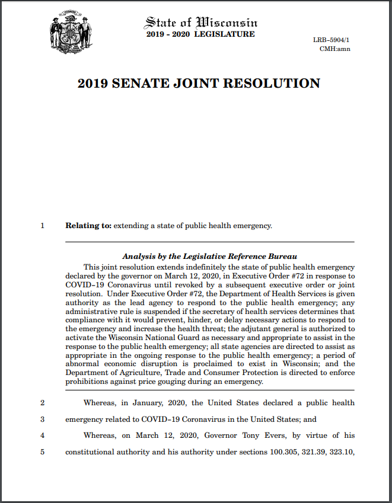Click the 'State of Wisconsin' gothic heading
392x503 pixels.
[x=200, y=23]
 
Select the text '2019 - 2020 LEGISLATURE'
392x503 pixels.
[x=200, y=34]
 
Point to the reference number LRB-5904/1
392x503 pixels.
[x=332, y=40]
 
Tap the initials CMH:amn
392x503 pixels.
[x=334, y=49]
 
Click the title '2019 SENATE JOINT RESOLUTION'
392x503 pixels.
[x=199, y=84]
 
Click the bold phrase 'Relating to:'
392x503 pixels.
[x=88, y=226]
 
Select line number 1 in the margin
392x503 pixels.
[x=42, y=226]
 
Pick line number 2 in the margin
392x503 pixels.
[x=42, y=403]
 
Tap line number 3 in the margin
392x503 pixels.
[x=42, y=419]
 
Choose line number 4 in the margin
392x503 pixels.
[x=42, y=436]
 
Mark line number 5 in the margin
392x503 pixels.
[x=42, y=453]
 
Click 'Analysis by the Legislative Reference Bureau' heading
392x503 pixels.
[x=209, y=257]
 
